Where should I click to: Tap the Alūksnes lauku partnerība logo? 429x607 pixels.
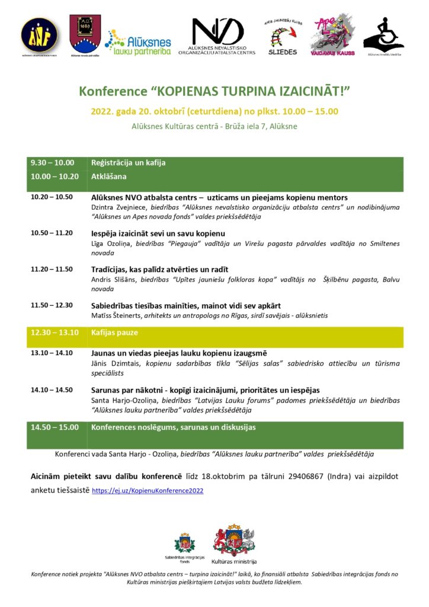click(x=138, y=43)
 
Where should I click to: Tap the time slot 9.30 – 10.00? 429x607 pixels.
click(x=52, y=162)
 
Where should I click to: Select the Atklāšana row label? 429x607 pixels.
click(x=109, y=176)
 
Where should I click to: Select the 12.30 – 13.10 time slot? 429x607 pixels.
click(x=54, y=333)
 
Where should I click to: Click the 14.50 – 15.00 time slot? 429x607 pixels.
click(x=54, y=427)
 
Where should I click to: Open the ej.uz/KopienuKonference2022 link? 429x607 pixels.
click(x=148, y=491)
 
